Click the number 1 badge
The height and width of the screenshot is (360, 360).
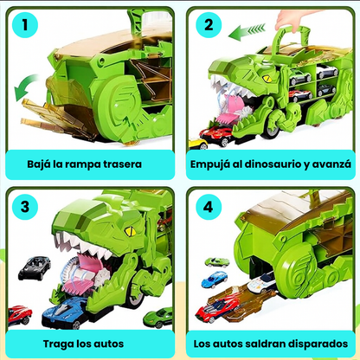(29, 26)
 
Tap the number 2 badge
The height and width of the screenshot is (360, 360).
(208, 26)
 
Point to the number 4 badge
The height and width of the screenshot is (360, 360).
(208, 208)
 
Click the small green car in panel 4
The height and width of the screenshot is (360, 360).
(215, 261)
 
